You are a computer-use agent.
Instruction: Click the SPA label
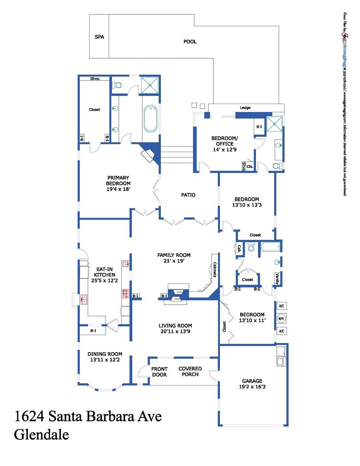point(99,37)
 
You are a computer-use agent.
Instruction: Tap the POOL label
point(190,42)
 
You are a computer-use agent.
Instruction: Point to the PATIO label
point(188,195)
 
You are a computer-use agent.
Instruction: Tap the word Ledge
point(245,108)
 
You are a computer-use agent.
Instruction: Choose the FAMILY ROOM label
point(174,255)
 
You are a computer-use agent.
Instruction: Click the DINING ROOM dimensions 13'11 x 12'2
point(104,359)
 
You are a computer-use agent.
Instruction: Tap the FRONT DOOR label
point(159,372)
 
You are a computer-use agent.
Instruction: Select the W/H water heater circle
point(281,319)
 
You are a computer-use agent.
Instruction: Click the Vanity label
point(278,278)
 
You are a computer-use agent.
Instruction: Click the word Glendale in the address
point(42,435)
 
